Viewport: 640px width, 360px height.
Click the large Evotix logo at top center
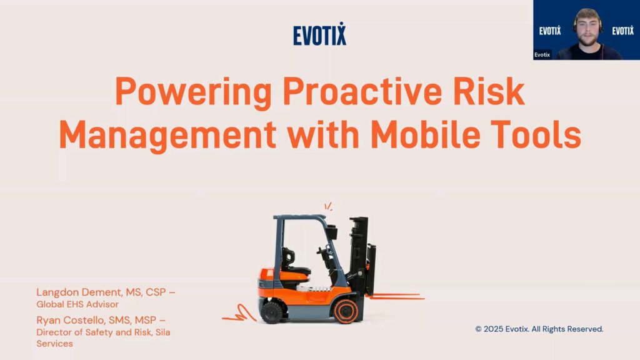click(x=319, y=34)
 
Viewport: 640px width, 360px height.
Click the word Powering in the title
click(x=194, y=92)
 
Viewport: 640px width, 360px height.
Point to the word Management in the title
click(x=167, y=136)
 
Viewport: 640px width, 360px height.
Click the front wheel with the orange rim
click(x=346, y=311)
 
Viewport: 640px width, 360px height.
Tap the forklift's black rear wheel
click(x=272, y=312)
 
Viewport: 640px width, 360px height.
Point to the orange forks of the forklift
click(x=395, y=296)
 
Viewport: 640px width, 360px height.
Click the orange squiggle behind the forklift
click(x=239, y=314)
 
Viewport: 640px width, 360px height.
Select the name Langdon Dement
click(x=79, y=292)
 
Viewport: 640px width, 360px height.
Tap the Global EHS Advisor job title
click(x=77, y=304)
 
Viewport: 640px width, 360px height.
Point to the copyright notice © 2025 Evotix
click(x=539, y=329)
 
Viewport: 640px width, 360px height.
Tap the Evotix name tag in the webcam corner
click(x=542, y=55)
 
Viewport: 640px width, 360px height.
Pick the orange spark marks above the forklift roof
click(x=328, y=206)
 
